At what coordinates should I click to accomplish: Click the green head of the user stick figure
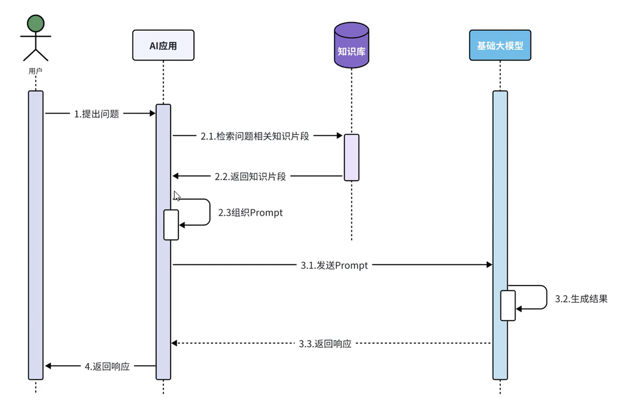[x=35, y=23]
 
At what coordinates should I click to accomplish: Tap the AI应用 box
[x=163, y=45]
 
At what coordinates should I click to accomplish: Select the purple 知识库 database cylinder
[x=352, y=46]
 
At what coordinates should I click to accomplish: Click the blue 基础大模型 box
[x=500, y=45]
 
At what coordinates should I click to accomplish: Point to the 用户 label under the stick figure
[x=35, y=71]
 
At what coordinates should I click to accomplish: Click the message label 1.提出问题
[x=96, y=114]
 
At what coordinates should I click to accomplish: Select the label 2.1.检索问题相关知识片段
[x=255, y=136]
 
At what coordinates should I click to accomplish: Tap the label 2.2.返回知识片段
[x=250, y=177]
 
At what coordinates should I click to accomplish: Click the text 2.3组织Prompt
[x=250, y=213]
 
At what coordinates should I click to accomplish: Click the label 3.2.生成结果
[x=581, y=299]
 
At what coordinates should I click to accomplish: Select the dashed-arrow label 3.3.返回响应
[x=325, y=344]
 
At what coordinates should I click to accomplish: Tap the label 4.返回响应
[x=107, y=366]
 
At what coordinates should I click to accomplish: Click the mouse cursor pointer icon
[x=177, y=196]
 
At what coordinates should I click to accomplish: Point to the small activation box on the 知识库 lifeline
[x=352, y=157]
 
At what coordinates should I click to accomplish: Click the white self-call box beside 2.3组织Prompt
[x=171, y=225]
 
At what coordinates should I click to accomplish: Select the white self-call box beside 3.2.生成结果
[x=508, y=305]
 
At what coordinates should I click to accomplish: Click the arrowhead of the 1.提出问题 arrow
[x=153, y=113]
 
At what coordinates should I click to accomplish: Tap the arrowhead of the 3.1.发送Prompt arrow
[x=489, y=265]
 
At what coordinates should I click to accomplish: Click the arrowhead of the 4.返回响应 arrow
[x=48, y=366]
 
